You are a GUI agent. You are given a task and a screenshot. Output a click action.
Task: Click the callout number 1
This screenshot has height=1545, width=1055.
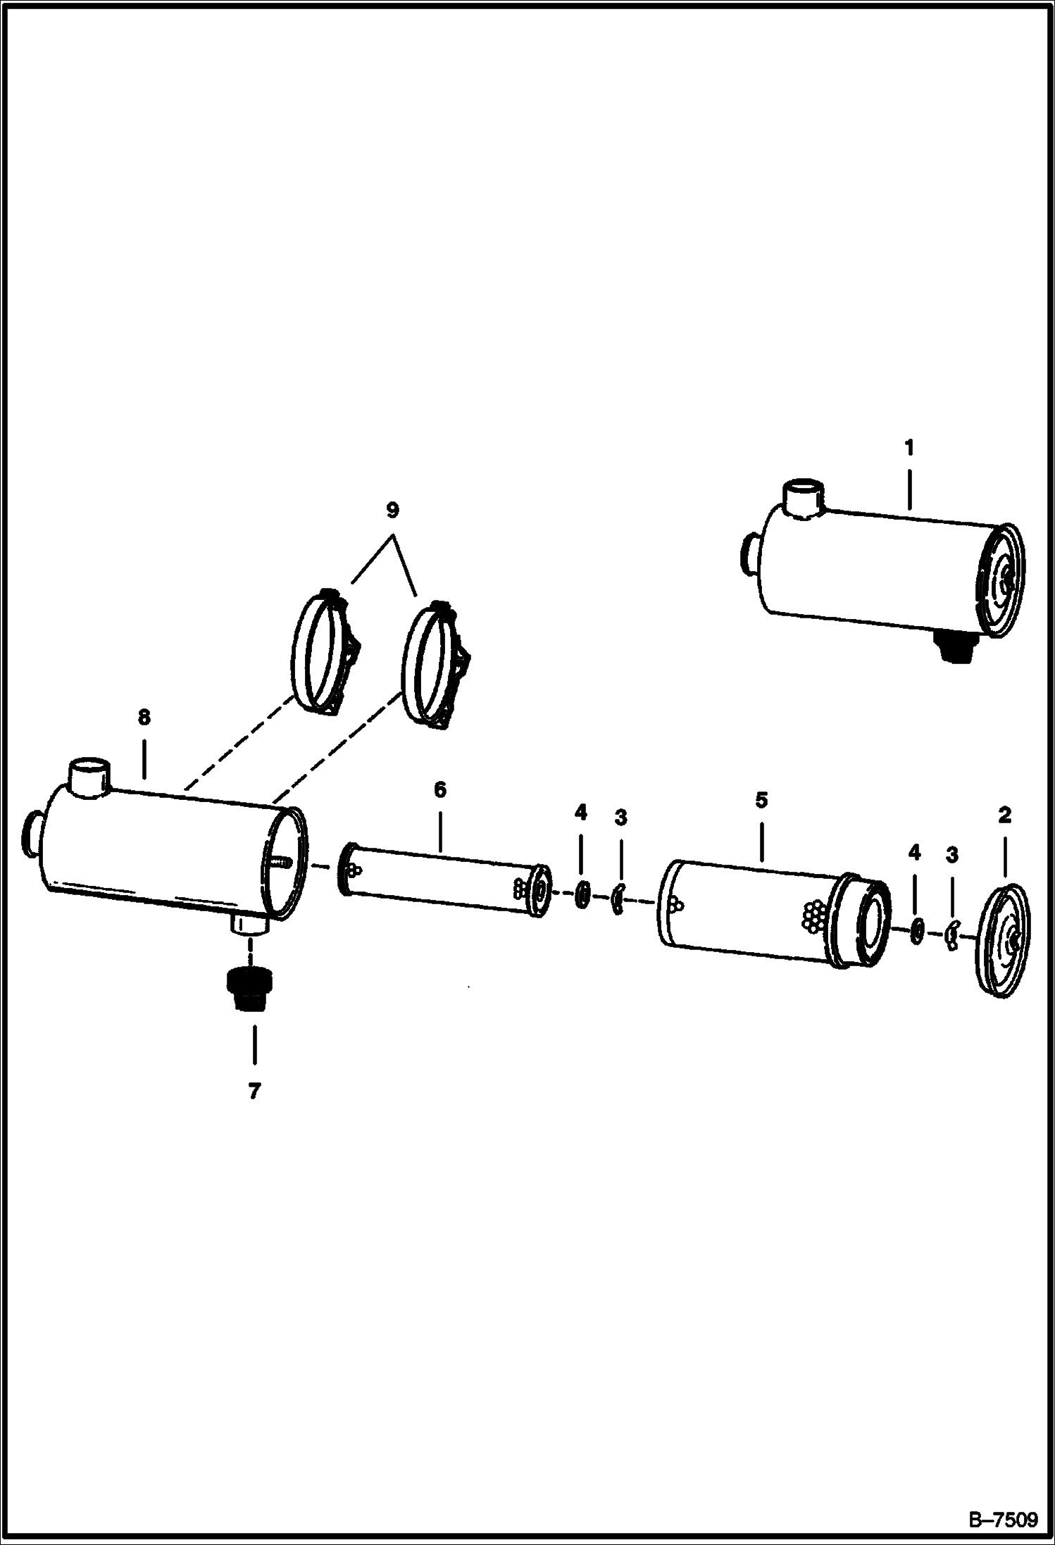(x=909, y=447)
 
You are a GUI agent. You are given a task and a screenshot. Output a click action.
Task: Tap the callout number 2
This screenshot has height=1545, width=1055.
(x=1004, y=815)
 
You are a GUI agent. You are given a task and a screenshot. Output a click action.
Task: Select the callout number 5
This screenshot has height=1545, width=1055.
(x=761, y=800)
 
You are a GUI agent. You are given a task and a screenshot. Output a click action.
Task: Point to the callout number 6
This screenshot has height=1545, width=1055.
(x=439, y=789)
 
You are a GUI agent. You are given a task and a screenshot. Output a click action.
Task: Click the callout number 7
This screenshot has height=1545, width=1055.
(x=254, y=1091)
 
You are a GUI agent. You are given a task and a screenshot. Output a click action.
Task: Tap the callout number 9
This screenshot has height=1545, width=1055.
(x=392, y=508)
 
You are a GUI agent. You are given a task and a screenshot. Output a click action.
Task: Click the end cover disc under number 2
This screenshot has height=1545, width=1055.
(x=1003, y=942)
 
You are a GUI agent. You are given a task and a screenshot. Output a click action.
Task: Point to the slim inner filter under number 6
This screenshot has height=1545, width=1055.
(x=445, y=880)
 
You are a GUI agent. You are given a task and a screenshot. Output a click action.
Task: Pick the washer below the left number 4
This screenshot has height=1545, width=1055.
(x=582, y=895)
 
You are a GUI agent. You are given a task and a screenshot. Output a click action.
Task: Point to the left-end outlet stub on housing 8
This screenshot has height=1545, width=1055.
(x=32, y=832)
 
